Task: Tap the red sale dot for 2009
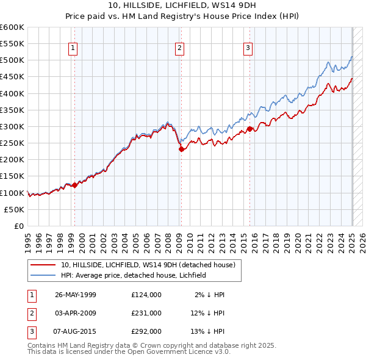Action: (x=181, y=149)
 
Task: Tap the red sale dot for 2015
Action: (x=250, y=129)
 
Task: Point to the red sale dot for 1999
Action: (x=74, y=185)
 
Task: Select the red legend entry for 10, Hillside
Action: (x=151, y=265)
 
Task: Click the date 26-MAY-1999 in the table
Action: (x=76, y=295)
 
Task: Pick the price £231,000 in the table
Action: (x=146, y=313)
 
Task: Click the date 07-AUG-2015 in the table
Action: (x=76, y=332)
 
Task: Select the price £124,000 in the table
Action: (x=146, y=295)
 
